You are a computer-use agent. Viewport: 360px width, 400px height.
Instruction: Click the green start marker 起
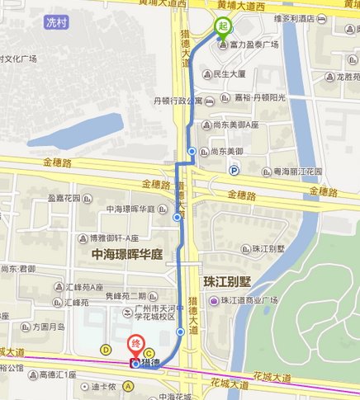pos(222,26)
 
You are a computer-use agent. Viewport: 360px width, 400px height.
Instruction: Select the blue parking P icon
pos(234,171)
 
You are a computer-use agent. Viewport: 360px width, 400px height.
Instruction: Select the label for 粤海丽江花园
pos(296,172)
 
